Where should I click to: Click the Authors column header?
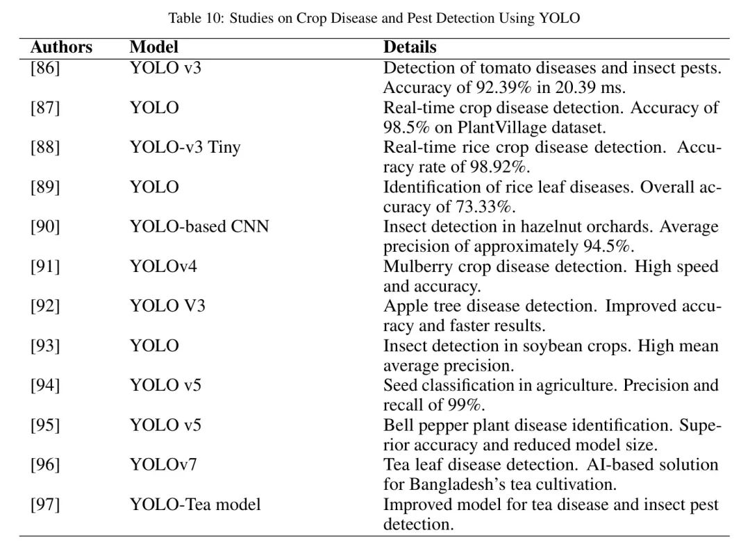click(61, 47)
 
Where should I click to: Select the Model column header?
click(153, 47)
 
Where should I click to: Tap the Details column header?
click(410, 47)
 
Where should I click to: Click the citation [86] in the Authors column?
click(44, 68)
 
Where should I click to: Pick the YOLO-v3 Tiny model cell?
click(185, 148)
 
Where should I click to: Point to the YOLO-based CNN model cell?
click(199, 227)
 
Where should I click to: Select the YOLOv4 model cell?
click(163, 266)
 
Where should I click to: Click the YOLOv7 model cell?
click(163, 464)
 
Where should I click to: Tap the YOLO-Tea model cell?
click(195, 505)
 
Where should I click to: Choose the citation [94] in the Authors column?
click(44, 385)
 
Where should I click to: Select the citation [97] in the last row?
click(44, 505)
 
